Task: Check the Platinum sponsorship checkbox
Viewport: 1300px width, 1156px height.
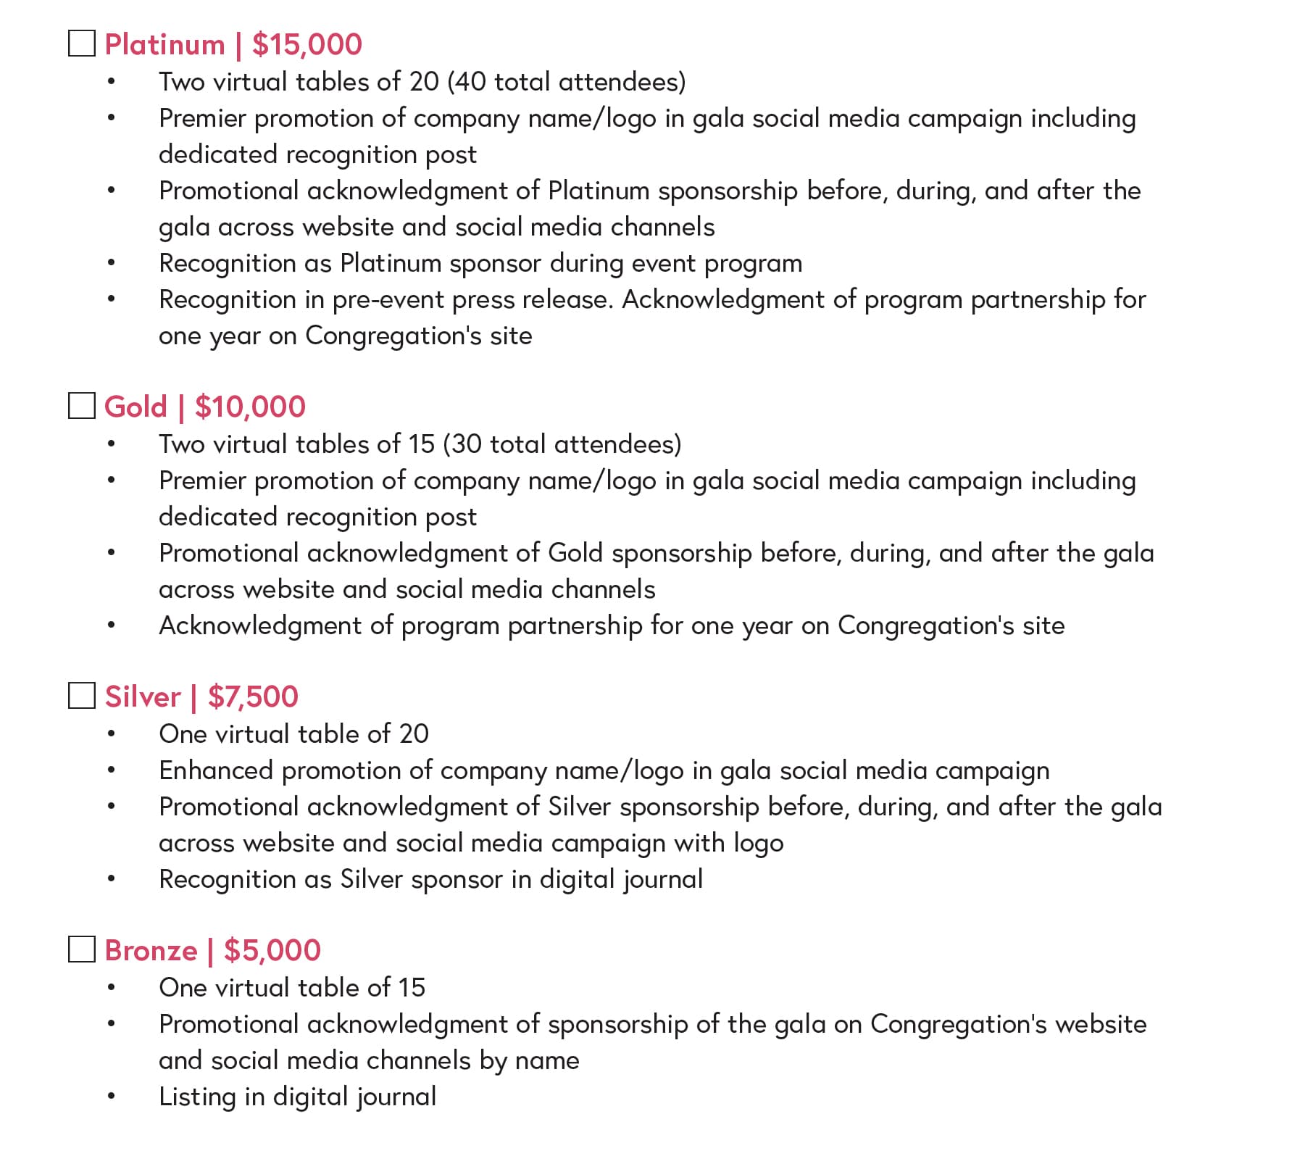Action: click(82, 43)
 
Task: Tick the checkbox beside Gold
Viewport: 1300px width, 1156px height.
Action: click(82, 406)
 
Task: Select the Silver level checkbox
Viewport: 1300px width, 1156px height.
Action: click(82, 696)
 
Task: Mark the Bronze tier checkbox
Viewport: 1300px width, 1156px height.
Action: click(82, 949)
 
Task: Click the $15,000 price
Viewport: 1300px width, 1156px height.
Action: click(307, 45)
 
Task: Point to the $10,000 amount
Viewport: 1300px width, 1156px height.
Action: click(250, 407)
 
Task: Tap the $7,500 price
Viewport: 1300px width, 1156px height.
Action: click(253, 697)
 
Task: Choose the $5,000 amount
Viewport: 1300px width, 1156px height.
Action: click(272, 951)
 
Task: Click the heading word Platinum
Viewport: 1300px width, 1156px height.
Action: click(165, 45)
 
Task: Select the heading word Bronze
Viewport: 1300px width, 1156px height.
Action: click(151, 951)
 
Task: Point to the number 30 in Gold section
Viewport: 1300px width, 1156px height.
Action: click(467, 444)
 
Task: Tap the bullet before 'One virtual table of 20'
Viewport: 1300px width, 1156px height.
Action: click(111, 734)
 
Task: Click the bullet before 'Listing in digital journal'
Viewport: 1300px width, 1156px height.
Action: click(111, 1097)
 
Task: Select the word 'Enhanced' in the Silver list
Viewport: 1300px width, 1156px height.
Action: click(216, 770)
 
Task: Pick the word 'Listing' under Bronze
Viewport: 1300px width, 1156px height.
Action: click(197, 1097)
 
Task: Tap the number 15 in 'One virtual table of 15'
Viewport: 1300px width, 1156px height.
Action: click(411, 988)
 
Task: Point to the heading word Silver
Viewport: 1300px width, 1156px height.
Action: click(143, 697)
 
